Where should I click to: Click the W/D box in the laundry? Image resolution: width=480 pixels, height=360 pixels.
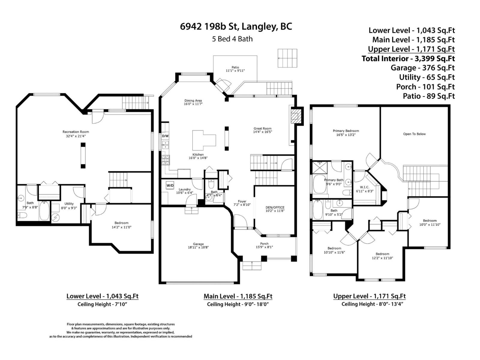pos(170,186)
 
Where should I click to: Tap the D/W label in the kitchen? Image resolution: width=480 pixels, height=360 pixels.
pos(165,136)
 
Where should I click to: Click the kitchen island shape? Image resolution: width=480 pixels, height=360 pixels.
pos(204,140)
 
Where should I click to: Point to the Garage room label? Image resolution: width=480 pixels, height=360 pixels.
pos(198,244)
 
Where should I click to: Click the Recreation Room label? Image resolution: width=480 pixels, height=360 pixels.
pos(76,132)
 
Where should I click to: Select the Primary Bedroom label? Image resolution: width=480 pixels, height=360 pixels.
pos(346,131)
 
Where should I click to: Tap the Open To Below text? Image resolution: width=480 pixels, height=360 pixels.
pos(414,134)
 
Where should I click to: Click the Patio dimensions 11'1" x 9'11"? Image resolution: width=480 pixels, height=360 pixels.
pos(235,71)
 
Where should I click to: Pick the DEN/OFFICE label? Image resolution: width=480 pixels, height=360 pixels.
pos(275,207)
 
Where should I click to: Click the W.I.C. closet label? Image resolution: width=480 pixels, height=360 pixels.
pos(364,187)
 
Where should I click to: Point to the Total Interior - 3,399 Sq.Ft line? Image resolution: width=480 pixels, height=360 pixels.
pos(408,58)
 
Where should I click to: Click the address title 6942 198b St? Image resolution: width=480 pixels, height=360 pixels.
pos(236,27)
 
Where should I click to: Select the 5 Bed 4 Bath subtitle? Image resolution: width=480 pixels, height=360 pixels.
pos(232,39)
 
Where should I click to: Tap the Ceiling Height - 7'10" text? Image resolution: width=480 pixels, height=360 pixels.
pos(103,304)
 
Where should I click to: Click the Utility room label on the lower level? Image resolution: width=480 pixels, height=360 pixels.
pos(69,204)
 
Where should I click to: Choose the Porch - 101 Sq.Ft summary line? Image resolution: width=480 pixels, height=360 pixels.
pos(425,87)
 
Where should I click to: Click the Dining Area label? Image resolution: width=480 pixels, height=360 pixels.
pos(193,100)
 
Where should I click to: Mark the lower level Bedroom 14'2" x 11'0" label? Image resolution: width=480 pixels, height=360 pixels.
pos(121,223)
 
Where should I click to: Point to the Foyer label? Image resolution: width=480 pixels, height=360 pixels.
pos(242,201)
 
